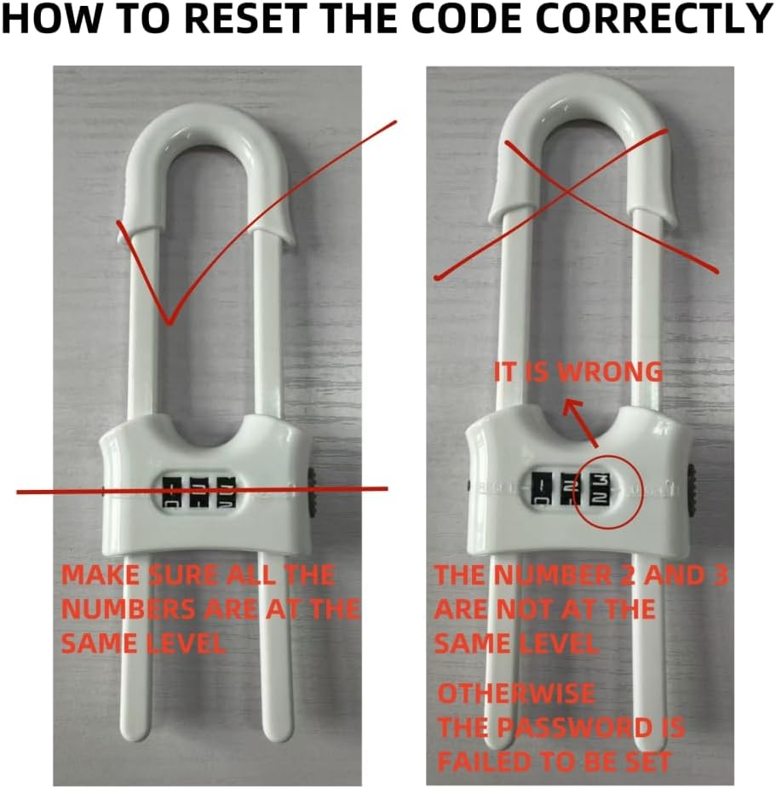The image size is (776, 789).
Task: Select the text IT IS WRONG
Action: point(579,372)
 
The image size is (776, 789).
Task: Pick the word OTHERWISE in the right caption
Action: point(516,694)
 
